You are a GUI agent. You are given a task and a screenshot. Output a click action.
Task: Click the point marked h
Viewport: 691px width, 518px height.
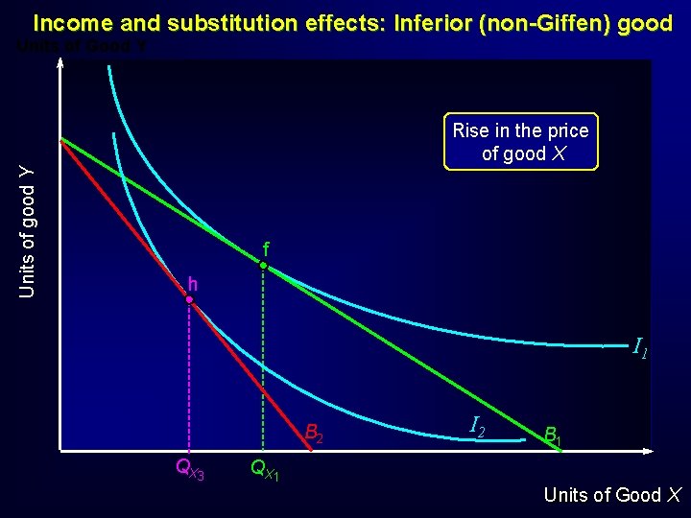[x=190, y=300]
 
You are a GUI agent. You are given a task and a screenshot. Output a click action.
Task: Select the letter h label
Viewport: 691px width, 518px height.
[x=193, y=284]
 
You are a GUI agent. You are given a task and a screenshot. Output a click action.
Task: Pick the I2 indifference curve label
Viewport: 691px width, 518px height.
[x=476, y=424]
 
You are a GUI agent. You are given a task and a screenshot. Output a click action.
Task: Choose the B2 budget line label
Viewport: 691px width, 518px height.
[x=314, y=433]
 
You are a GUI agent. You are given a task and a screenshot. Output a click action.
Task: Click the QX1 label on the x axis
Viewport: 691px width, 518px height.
[x=264, y=469]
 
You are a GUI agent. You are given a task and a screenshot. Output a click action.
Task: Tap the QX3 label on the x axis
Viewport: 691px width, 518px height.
[x=189, y=469]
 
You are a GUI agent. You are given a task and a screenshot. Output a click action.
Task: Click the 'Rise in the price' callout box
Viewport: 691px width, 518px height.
[x=520, y=142]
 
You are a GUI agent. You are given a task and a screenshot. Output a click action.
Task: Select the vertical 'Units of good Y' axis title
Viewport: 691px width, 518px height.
[x=29, y=231]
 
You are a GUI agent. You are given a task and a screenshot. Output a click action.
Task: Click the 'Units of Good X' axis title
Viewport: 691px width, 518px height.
[x=612, y=495]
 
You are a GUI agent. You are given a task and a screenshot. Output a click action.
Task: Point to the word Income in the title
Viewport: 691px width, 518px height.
[x=73, y=23]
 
